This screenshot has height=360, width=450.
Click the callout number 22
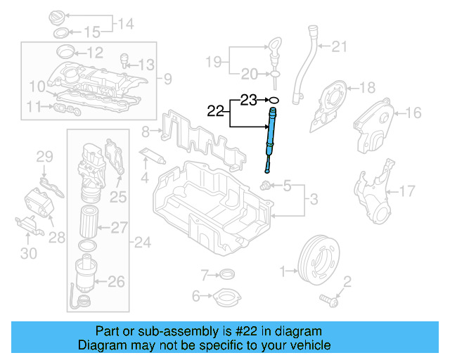pyautogui.click(x=216, y=110)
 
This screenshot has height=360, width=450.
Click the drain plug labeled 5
pyautogui.click(x=266, y=186)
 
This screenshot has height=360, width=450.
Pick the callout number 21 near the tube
pyautogui.click(x=340, y=47)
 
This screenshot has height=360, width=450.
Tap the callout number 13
pyautogui.click(x=145, y=65)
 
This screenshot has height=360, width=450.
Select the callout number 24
pyautogui.click(x=143, y=243)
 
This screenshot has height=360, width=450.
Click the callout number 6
pyautogui.click(x=197, y=296)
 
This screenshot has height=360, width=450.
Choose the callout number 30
pyautogui.click(x=28, y=252)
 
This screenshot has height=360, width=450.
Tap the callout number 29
pyautogui.click(x=44, y=156)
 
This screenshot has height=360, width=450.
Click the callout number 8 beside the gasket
pyautogui.click(x=146, y=131)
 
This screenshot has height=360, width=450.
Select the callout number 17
pyautogui.click(x=407, y=191)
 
